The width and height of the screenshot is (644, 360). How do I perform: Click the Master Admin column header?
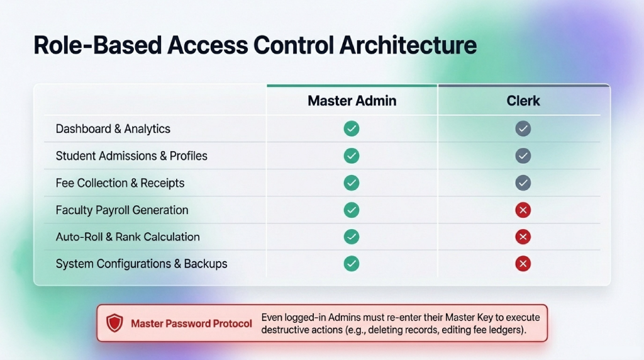352,101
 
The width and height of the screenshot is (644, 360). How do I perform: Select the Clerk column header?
523,101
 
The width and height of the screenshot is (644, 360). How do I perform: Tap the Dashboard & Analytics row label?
113,128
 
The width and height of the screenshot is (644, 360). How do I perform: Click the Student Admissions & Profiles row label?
131,155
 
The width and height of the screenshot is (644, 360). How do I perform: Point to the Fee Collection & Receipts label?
120,183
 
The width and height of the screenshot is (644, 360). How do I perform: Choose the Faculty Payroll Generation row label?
122,210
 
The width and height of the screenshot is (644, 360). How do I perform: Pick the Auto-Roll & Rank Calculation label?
128,237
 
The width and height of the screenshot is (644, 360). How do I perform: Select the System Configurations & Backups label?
142,264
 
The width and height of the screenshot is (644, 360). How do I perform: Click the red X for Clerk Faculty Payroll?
523,210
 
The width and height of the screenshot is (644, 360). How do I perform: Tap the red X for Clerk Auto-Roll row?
523,237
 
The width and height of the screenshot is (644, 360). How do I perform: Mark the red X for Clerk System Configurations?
523,264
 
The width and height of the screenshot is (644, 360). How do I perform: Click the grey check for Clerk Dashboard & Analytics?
523,128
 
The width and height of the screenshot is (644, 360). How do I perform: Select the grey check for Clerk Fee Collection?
523,183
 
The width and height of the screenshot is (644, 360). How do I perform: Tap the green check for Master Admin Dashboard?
351,128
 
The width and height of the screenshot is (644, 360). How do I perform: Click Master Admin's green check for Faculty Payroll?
351,210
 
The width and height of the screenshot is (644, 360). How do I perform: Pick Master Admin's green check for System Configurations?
351,264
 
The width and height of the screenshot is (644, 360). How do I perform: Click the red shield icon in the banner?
114,323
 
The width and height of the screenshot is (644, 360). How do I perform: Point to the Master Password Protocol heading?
191,323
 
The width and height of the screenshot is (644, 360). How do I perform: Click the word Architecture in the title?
408,45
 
